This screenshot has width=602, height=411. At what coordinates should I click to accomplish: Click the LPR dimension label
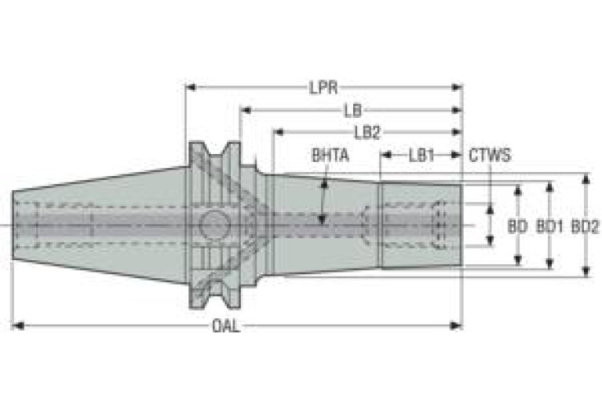pos(323,88)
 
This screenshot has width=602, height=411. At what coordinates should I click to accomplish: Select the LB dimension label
pos(353,111)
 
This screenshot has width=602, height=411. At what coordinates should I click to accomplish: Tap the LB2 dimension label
pos(367,133)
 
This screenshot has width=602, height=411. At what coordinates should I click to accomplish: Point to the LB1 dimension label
pos(421,156)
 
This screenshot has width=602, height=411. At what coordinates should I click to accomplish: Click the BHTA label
pos(330,156)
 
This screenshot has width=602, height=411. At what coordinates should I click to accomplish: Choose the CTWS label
pos(490,156)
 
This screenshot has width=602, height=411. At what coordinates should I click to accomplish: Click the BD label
pos(517,226)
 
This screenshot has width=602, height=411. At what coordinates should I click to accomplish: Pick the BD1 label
pos(549,226)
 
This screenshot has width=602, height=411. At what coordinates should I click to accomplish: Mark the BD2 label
pos(585,226)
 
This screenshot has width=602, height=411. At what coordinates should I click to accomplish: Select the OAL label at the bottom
pos(227,326)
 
